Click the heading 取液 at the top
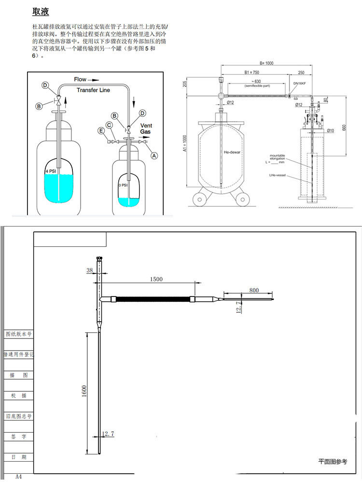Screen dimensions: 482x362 [x=41, y=12]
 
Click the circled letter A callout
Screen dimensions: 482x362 [x=154, y=156]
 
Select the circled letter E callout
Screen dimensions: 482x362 [x=100, y=131]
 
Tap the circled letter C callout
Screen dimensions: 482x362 [x=110, y=125]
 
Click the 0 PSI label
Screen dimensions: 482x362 [x=123, y=185]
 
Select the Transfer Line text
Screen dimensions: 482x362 [x=93, y=90]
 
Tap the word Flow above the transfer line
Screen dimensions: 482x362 [x=81, y=79]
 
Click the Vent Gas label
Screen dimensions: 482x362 [x=146, y=128]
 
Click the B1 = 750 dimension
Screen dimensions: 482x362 [x=253, y=72]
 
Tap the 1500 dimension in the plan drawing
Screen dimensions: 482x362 [x=156, y=279]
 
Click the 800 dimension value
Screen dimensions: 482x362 [x=254, y=290]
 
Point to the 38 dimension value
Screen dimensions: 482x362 [x=89, y=271]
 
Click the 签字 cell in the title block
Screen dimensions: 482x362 [x=18, y=436]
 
